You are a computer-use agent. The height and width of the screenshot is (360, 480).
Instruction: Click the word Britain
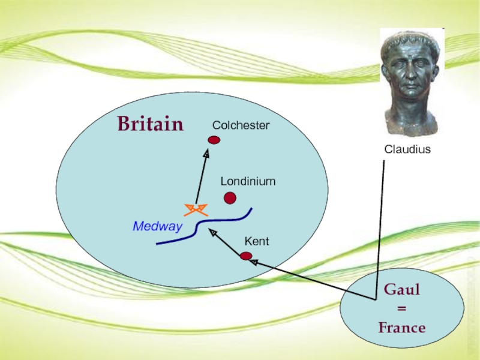(x=150, y=124)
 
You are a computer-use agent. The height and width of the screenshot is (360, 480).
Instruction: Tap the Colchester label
(x=241, y=125)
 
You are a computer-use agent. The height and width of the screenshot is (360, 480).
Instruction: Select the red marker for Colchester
(x=214, y=140)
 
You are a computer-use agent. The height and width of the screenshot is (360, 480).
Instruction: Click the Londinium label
(x=248, y=181)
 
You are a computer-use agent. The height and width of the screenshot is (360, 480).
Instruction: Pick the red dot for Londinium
(x=230, y=198)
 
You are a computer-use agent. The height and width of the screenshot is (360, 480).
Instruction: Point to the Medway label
(x=157, y=227)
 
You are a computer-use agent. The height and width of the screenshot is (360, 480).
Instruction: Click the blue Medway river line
(x=198, y=227)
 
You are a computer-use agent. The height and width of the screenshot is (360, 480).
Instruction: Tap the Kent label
(x=256, y=241)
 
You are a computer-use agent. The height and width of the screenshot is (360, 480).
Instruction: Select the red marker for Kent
(x=245, y=256)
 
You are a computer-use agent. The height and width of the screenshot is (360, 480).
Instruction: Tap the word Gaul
(x=401, y=290)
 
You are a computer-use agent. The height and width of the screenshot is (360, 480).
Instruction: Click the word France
(x=401, y=328)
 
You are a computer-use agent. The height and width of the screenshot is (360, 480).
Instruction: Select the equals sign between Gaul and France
(x=401, y=308)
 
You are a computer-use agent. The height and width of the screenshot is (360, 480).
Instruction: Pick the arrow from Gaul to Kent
(x=312, y=280)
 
